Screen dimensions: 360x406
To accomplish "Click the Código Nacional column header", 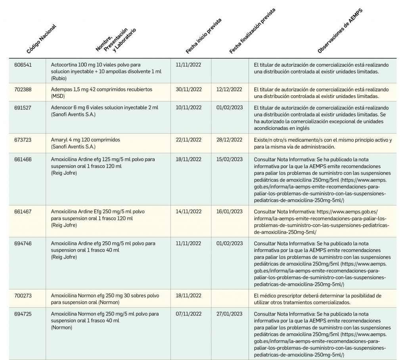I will pos(41,39).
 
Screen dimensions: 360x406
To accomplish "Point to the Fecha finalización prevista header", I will pos(252,31).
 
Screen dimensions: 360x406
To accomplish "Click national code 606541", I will pos(23,65).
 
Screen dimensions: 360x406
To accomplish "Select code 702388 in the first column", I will pos(23,90).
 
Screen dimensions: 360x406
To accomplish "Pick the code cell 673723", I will pos(23,140).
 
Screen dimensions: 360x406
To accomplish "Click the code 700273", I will pos(23,295).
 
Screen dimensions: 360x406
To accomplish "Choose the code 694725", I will pos(23,314).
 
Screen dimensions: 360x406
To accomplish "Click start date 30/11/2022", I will pos(188,90).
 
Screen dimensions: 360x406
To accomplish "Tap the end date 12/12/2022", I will pos(229,90).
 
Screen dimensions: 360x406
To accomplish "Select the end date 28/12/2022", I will pos(229,140).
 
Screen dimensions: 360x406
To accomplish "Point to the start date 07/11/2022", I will pos(188,314).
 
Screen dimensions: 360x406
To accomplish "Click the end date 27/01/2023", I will pos(229,314).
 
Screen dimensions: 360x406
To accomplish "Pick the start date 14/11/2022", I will pos(188,212).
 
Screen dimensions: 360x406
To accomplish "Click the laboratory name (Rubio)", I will pos(59,79).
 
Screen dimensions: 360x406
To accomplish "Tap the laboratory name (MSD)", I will pos(58,96).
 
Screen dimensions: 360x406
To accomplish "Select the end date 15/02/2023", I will pos(229,159).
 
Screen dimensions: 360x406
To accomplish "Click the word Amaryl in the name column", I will pos(59,140).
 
